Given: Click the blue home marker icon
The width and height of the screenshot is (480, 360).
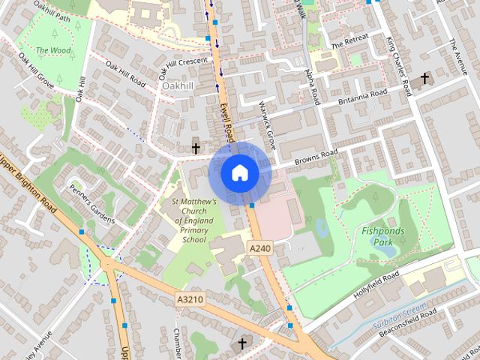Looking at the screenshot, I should coord(239,172).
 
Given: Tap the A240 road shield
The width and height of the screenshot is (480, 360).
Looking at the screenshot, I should coord(259,248).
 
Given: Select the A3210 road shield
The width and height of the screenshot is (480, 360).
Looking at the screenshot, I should coord(190,299).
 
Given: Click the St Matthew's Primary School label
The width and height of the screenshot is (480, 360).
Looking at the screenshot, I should coord(193,220).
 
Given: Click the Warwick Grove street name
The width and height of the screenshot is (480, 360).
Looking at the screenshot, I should coord(268,118).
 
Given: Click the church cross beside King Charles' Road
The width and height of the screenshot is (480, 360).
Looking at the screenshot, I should coord(424,77).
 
